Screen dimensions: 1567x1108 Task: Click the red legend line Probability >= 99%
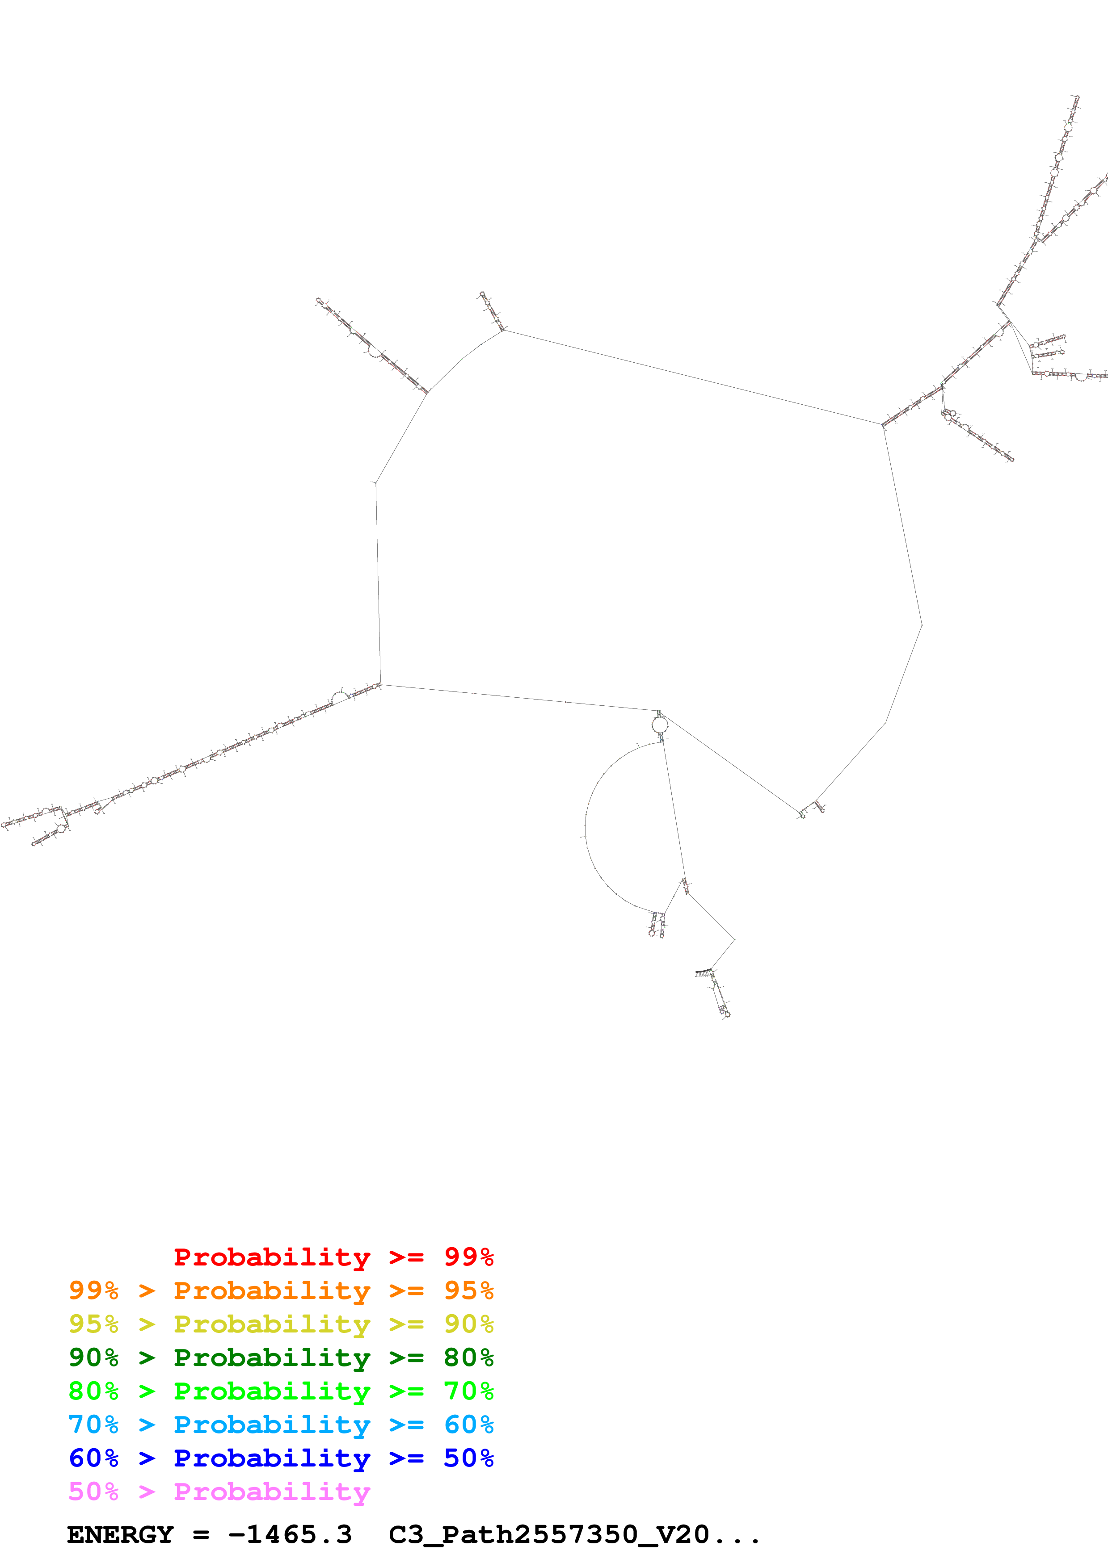coord(333,1257)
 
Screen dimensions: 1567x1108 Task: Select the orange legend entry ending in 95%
coord(281,1290)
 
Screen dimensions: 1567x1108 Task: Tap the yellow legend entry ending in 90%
coord(281,1324)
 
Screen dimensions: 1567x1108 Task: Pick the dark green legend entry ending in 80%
coord(281,1358)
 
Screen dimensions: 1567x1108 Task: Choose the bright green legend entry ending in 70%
coord(281,1391)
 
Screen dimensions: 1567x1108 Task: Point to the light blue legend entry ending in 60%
coord(281,1425)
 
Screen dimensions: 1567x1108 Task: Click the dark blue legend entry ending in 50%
coord(281,1458)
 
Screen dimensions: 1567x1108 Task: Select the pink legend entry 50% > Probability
coord(219,1491)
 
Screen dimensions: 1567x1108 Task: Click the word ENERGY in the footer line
coord(120,1535)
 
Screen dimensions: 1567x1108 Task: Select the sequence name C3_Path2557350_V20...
coord(550,1535)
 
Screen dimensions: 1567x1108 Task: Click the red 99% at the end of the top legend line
coord(468,1257)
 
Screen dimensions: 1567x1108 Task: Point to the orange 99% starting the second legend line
coord(93,1290)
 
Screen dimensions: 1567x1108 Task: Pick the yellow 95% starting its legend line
coord(93,1324)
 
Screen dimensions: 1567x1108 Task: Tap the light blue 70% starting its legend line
coord(93,1425)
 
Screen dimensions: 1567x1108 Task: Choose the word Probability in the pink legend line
coord(272,1491)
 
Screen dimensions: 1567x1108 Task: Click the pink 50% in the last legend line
coord(93,1491)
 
